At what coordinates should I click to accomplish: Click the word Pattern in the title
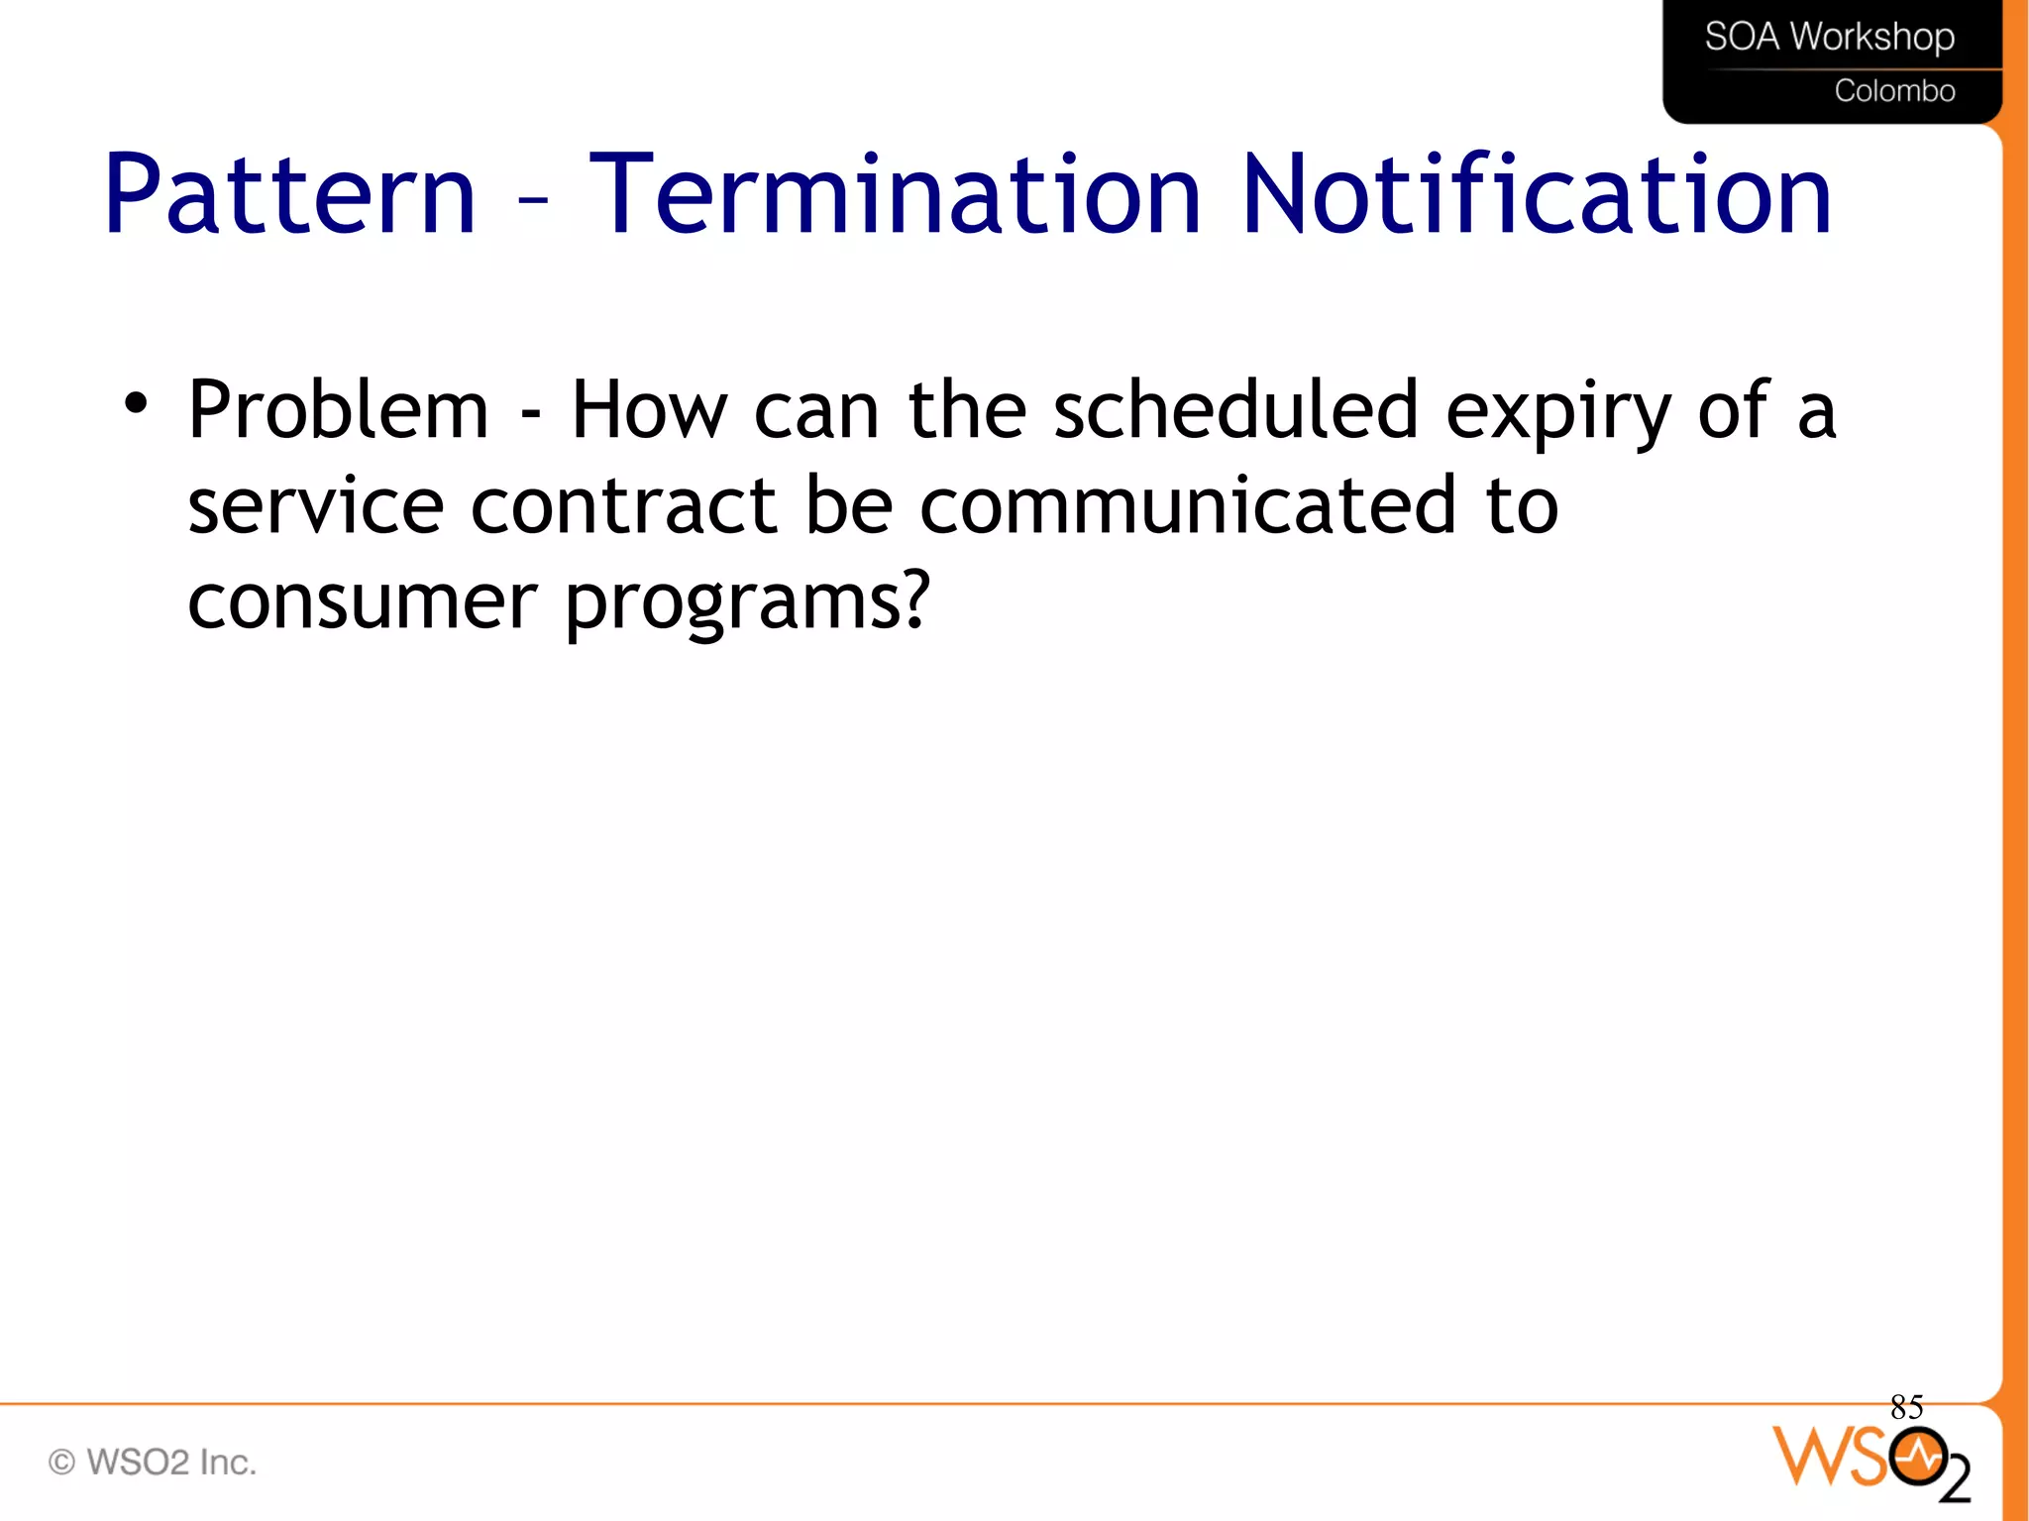click(x=289, y=195)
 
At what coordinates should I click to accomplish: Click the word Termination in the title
click(x=895, y=195)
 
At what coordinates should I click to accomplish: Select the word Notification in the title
click(x=1537, y=195)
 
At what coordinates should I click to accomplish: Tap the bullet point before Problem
click(x=136, y=403)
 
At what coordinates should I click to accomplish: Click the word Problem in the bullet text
click(x=338, y=410)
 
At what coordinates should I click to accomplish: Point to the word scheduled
click(x=1235, y=410)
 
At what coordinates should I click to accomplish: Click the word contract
click(x=622, y=506)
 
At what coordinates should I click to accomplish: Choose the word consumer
click(x=362, y=601)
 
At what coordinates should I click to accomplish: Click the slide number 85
click(x=1906, y=1407)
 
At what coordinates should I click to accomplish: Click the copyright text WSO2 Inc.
click(x=170, y=1463)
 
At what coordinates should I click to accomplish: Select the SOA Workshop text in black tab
click(x=1829, y=37)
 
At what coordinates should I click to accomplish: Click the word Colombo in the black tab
click(x=1894, y=91)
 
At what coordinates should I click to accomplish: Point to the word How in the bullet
click(x=648, y=410)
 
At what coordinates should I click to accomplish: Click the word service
click(x=315, y=506)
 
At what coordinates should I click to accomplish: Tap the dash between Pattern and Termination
click(x=533, y=200)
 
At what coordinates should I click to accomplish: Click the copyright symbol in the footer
click(x=61, y=1463)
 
